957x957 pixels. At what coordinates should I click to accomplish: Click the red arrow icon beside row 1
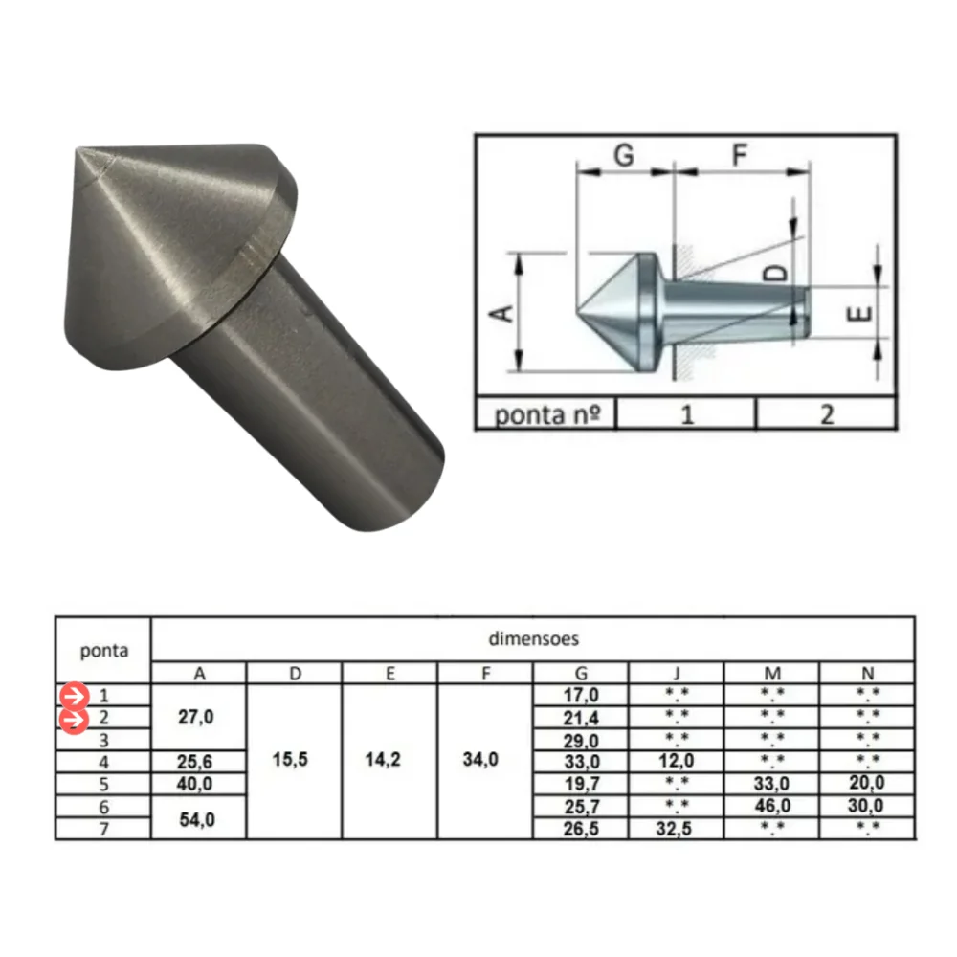[x=73, y=696]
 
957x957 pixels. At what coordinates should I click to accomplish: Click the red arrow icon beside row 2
[x=73, y=719]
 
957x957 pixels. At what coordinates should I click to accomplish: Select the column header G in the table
[x=581, y=673]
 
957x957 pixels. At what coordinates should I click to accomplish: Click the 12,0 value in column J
[x=676, y=763]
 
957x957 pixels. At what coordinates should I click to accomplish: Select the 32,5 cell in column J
[x=676, y=829]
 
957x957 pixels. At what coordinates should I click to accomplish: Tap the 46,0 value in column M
[x=771, y=807]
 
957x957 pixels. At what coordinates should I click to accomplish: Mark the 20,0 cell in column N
[x=866, y=784]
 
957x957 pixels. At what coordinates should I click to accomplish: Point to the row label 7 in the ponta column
[x=103, y=829]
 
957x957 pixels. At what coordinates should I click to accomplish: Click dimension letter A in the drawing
[x=504, y=312]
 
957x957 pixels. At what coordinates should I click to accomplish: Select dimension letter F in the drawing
[x=740, y=155]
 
